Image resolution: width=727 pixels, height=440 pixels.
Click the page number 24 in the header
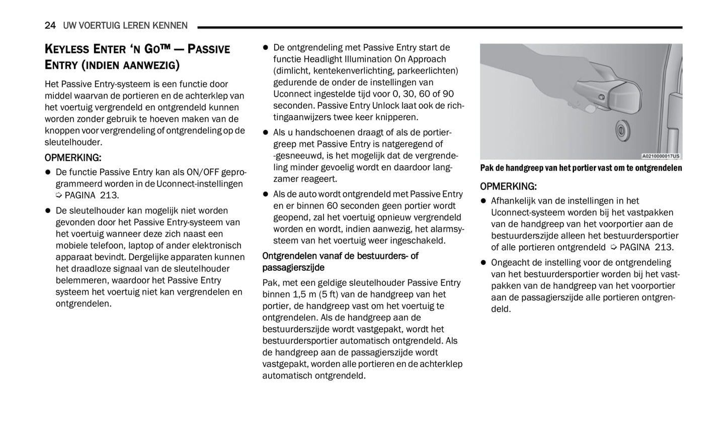(50, 25)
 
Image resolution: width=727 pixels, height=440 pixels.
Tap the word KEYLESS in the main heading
(67, 49)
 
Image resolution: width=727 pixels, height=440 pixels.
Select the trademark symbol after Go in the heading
(172, 48)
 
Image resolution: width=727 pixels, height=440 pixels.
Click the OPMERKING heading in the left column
(73, 158)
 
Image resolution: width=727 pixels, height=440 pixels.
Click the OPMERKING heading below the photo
(508, 186)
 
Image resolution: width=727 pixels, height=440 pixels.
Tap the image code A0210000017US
(661, 156)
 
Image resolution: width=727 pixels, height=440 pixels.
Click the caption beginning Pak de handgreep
(581, 168)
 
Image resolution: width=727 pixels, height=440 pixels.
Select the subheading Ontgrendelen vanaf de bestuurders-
(340, 256)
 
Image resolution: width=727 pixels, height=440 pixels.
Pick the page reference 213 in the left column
(109, 195)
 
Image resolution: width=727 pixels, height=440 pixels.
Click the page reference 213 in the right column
(664, 247)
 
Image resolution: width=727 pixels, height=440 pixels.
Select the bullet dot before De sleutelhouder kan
(48, 210)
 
